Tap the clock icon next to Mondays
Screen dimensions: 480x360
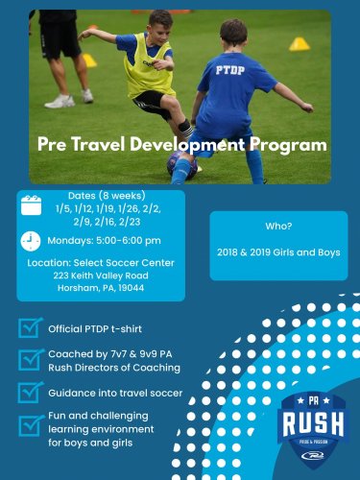click(31, 240)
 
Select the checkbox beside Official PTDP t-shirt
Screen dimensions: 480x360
click(31, 327)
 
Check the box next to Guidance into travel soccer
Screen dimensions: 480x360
click(31, 392)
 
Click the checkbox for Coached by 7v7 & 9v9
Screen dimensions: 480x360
click(31, 360)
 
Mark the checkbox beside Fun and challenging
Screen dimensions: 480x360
click(31, 424)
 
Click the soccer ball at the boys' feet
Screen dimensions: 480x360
click(181, 164)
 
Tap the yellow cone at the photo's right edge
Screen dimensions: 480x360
click(300, 44)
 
